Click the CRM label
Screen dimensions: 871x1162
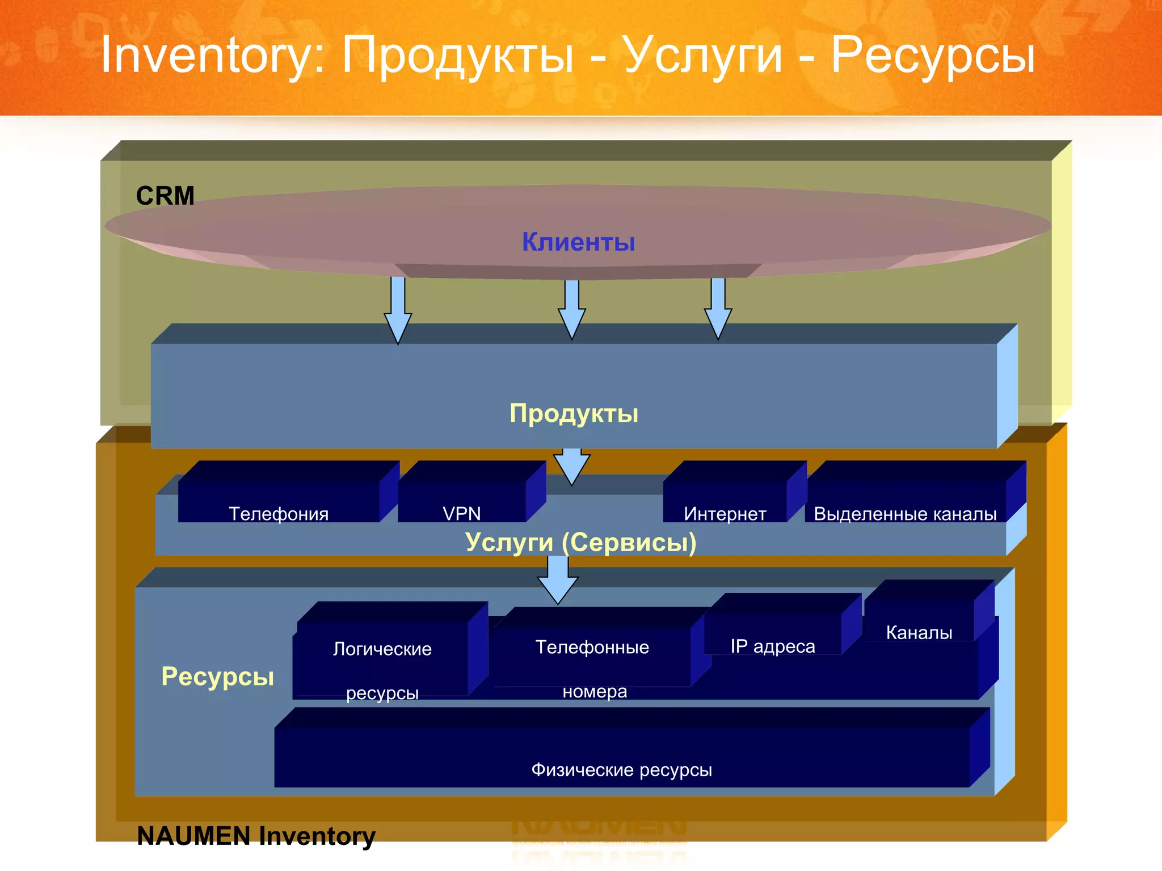click(165, 196)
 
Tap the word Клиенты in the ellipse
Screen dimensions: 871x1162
click(578, 242)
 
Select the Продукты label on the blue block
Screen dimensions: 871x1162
click(574, 413)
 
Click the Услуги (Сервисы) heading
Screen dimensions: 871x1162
click(580, 542)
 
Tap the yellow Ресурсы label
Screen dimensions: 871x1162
click(217, 676)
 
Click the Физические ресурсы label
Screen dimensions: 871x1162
click(622, 769)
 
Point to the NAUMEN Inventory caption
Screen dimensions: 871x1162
click(256, 836)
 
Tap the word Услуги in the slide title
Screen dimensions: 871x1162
click(702, 56)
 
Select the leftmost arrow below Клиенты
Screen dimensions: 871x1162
click(398, 310)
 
